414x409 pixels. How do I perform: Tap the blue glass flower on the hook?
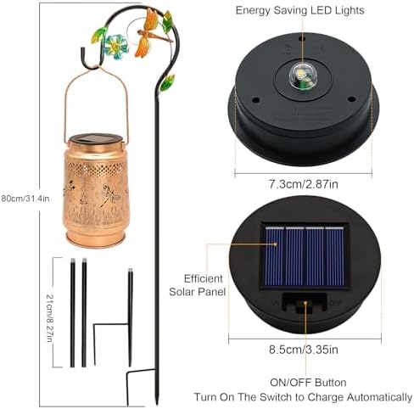pos(117,47)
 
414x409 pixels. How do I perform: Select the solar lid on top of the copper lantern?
pos(96,138)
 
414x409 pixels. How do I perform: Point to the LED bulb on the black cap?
pos(301,75)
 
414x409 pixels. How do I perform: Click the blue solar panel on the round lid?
pos(305,256)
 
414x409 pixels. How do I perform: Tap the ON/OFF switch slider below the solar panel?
pos(305,306)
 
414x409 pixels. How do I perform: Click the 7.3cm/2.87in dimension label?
pos(303,184)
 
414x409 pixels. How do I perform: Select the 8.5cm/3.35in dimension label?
pos(303,350)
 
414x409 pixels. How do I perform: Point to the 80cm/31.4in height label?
pos(25,199)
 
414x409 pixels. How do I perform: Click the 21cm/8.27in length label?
pos(49,318)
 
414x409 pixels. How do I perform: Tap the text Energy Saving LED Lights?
pos(299,10)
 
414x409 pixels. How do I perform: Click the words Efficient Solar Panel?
pos(198,285)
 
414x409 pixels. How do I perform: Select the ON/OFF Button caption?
pos(308,383)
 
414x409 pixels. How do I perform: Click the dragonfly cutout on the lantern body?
pos(111,195)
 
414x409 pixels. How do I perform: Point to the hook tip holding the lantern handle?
pos(83,50)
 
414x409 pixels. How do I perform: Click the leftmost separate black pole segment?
pos(72,312)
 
